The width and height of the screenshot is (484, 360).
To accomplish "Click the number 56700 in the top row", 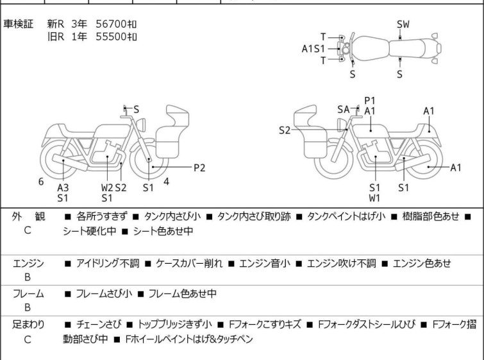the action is tap(111, 24).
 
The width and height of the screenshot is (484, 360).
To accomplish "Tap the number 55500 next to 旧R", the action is tap(111, 37).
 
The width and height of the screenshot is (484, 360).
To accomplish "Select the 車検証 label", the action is tap(18, 24).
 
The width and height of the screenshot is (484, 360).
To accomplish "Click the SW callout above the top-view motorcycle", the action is tap(403, 24).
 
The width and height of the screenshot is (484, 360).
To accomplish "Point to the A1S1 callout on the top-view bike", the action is tap(313, 49).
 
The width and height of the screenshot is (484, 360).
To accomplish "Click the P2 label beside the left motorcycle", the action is tap(199, 167).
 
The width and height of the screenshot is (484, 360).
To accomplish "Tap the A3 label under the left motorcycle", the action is tap(63, 187).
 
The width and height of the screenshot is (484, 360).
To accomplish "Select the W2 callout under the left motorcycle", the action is tap(107, 187).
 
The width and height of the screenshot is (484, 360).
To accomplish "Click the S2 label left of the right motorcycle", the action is tap(285, 130).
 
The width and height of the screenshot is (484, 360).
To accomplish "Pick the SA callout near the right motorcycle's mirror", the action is tap(343, 109).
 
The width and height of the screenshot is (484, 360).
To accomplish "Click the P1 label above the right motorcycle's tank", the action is tap(369, 101).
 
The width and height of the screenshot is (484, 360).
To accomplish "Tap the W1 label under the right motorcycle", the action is tap(374, 198).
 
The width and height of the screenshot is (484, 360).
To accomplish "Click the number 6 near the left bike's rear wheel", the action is tap(41, 182).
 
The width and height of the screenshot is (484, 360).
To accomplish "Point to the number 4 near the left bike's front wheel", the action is tap(166, 182).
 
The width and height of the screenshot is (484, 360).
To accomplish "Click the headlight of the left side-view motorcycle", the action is tap(141, 125).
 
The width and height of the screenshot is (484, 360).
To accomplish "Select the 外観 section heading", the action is tap(28, 217).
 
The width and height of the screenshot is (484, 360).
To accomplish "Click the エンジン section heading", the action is tap(28, 264).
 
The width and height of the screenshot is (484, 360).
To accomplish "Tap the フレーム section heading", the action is tap(28, 294).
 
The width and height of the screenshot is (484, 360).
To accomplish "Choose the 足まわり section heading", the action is tap(28, 325).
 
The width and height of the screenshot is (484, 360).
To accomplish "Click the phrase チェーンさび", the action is tap(99, 325).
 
